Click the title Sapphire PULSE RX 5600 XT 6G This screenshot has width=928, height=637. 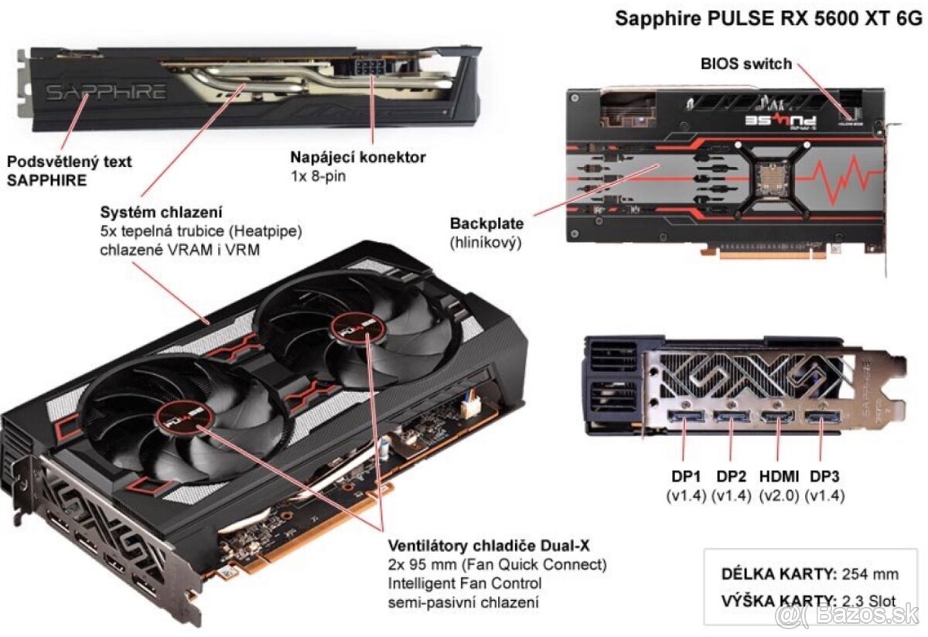coord(769,19)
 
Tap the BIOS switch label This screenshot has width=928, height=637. coord(746,63)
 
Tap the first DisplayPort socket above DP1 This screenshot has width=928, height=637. coord(686,419)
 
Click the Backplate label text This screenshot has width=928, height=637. coord(486,224)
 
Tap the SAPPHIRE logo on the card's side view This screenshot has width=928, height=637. coord(106,93)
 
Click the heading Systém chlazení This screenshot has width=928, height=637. coord(162,211)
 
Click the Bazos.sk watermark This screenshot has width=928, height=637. coord(850,616)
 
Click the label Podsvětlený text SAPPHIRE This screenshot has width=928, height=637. coord(69,171)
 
